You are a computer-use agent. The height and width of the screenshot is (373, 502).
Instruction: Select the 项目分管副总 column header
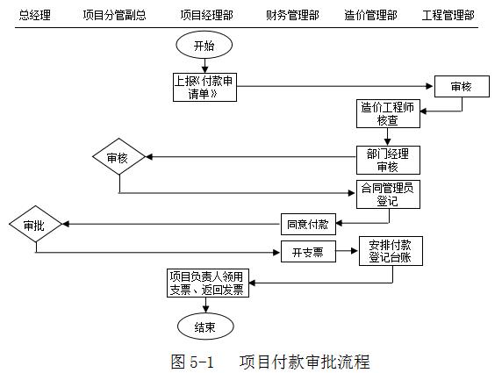pos(114,16)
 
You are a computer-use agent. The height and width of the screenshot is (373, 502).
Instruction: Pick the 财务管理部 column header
pos(292,16)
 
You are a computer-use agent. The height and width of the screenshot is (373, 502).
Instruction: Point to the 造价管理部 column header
pos(370,16)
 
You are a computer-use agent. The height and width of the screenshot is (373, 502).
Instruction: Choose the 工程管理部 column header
pos(448,16)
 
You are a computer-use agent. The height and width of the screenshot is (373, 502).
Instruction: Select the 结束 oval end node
pos(204,327)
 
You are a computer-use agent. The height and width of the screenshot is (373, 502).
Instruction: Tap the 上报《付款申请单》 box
pos(204,86)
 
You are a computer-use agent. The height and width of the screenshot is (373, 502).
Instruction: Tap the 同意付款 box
pos(305,224)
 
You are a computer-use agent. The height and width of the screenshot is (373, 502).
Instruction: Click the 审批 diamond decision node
pos(34,226)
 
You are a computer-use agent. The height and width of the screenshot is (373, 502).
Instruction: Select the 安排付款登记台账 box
pos(391,252)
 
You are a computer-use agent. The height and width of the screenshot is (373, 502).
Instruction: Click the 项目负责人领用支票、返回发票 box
pos(207,283)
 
